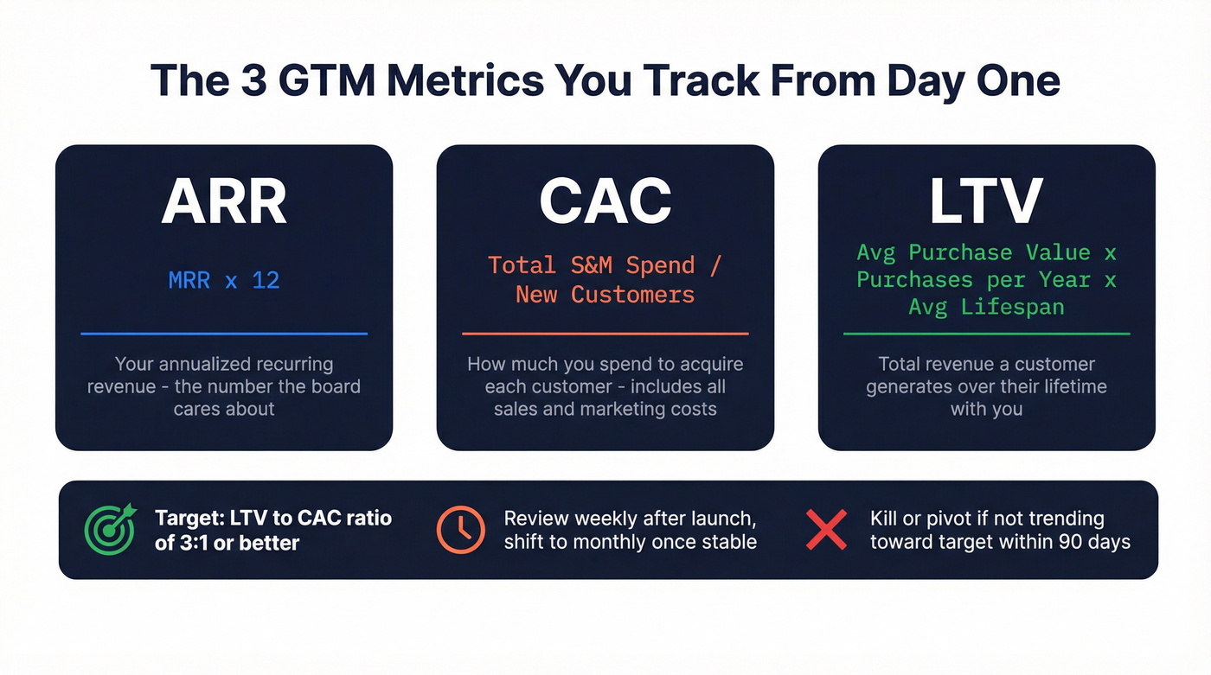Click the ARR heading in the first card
pos(224,202)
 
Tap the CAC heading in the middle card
pos(605,202)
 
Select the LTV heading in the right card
pos(986,202)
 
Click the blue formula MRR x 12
pos(224,280)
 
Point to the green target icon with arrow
pos(110,529)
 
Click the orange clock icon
pos(460,529)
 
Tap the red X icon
pos(826,529)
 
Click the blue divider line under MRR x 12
pos(224,334)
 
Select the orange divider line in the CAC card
pos(605,334)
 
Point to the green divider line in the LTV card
pos(986,334)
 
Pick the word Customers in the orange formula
pos(632,295)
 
